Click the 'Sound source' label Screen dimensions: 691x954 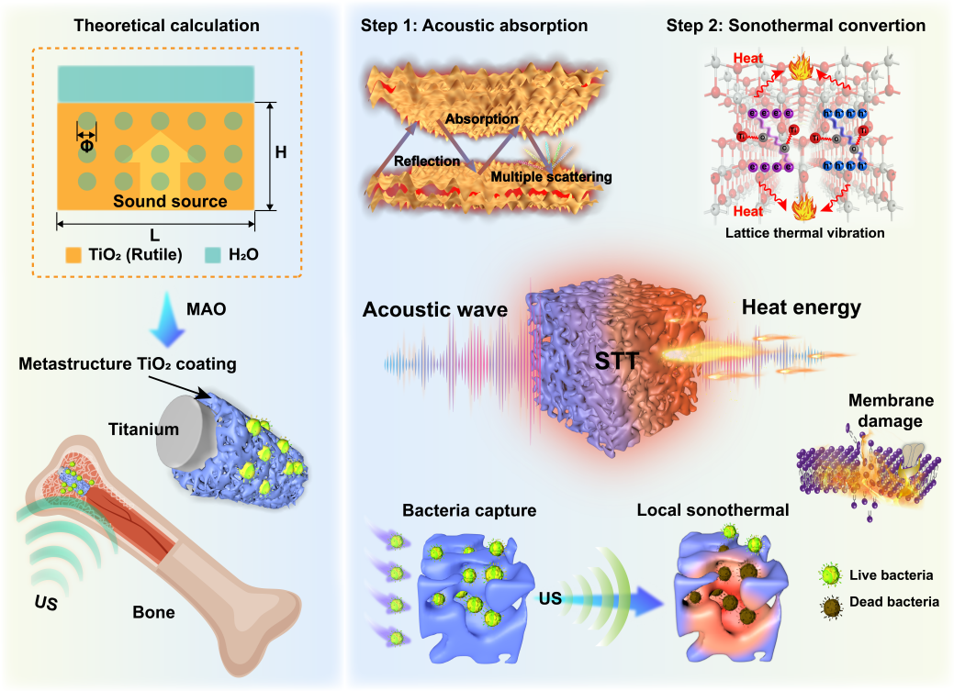[170, 201]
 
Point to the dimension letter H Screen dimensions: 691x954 [281, 152]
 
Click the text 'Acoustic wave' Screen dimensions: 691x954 [435, 310]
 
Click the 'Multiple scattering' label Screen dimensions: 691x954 [551, 176]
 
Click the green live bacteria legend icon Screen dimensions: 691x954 [828, 575]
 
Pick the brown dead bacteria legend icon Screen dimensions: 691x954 [828, 602]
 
